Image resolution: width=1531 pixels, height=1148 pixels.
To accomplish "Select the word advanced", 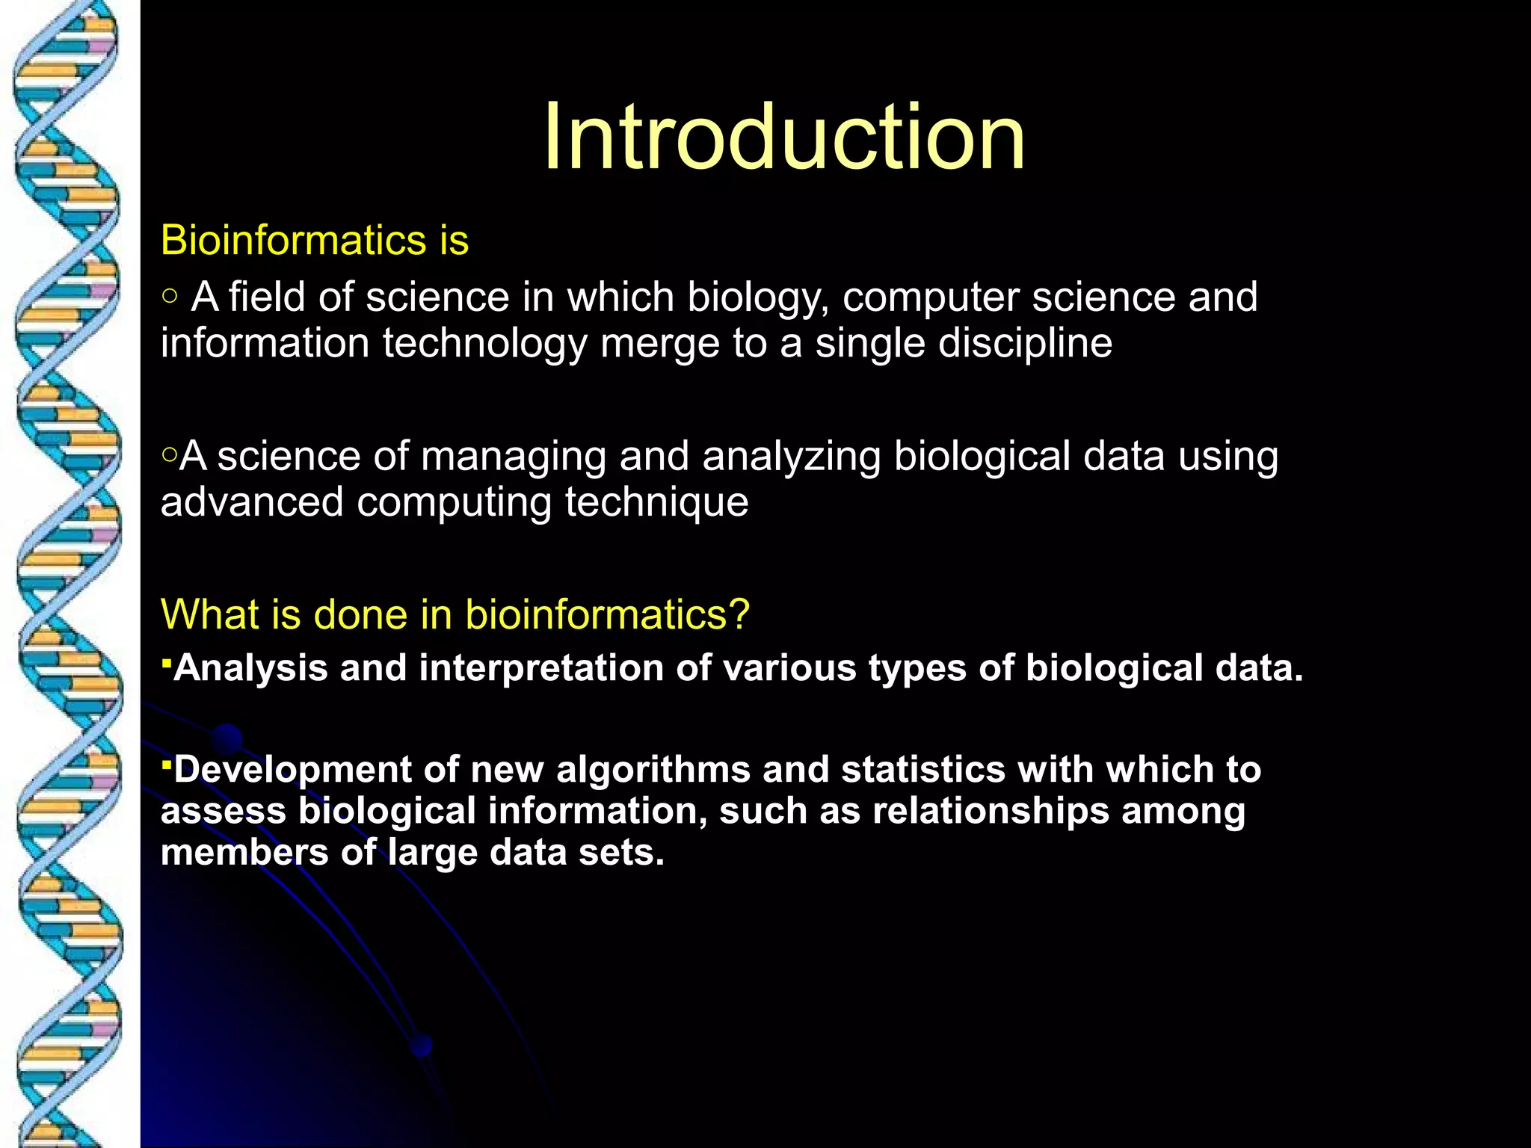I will (252, 502).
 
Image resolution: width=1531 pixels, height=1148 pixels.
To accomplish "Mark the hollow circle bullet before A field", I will (170, 297).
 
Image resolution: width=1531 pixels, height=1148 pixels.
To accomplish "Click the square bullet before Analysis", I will (167, 661).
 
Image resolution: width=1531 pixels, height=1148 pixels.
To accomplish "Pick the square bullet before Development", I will (167, 762).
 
